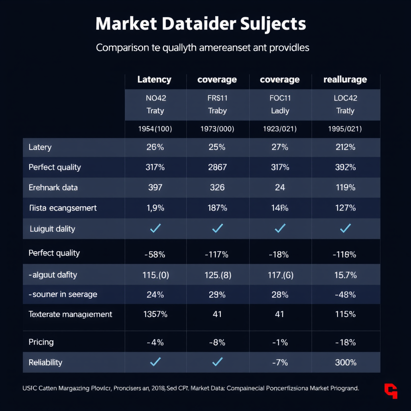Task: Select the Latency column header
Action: point(154,79)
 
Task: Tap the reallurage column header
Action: point(345,79)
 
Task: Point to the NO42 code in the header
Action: point(155,98)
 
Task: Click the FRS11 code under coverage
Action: point(217,98)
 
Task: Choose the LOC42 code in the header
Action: point(345,98)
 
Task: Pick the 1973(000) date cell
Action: point(217,129)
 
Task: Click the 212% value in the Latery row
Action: point(345,147)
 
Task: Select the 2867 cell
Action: point(217,167)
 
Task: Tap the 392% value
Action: point(345,167)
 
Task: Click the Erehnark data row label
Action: point(53,187)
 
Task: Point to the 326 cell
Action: point(217,187)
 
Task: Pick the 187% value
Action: point(217,208)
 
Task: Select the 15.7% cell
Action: point(345,275)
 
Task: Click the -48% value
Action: point(345,294)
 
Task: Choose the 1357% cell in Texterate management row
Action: point(155,314)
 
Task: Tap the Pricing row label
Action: point(41,342)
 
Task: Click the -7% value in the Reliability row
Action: point(280,362)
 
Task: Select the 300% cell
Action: point(345,362)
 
